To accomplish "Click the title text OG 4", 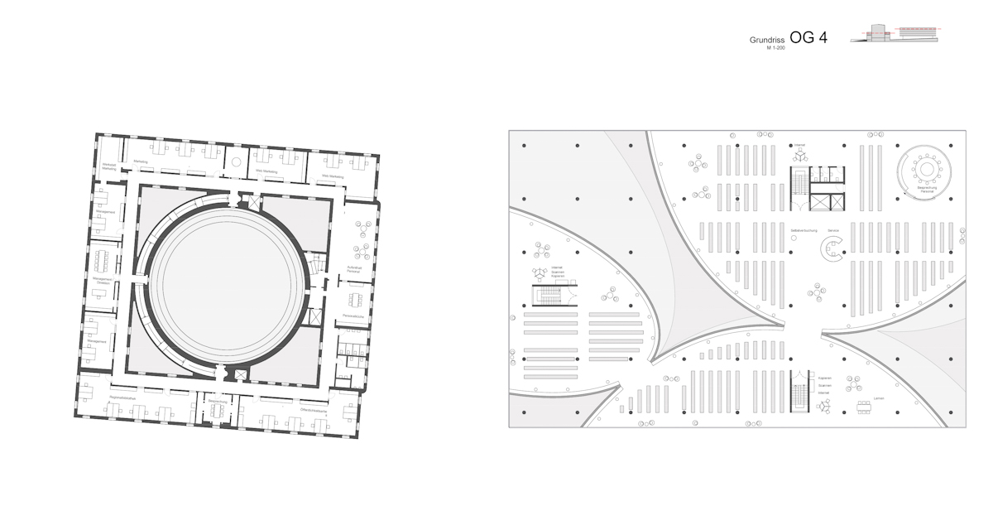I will tap(808, 36).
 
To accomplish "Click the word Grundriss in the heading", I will tap(767, 40).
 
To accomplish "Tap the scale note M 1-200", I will tap(775, 49).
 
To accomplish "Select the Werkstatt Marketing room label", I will tap(109, 166).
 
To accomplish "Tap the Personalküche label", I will tap(354, 316).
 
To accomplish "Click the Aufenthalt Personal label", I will tap(354, 268).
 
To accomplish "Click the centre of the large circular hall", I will tap(228, 283).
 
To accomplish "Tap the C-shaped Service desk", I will tap(831, 248).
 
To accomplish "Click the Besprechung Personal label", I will tap(932, 190).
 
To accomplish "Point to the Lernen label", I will tap(878, 398).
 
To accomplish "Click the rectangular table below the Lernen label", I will tap(878, 407).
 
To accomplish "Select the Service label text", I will tap(833, 230).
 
